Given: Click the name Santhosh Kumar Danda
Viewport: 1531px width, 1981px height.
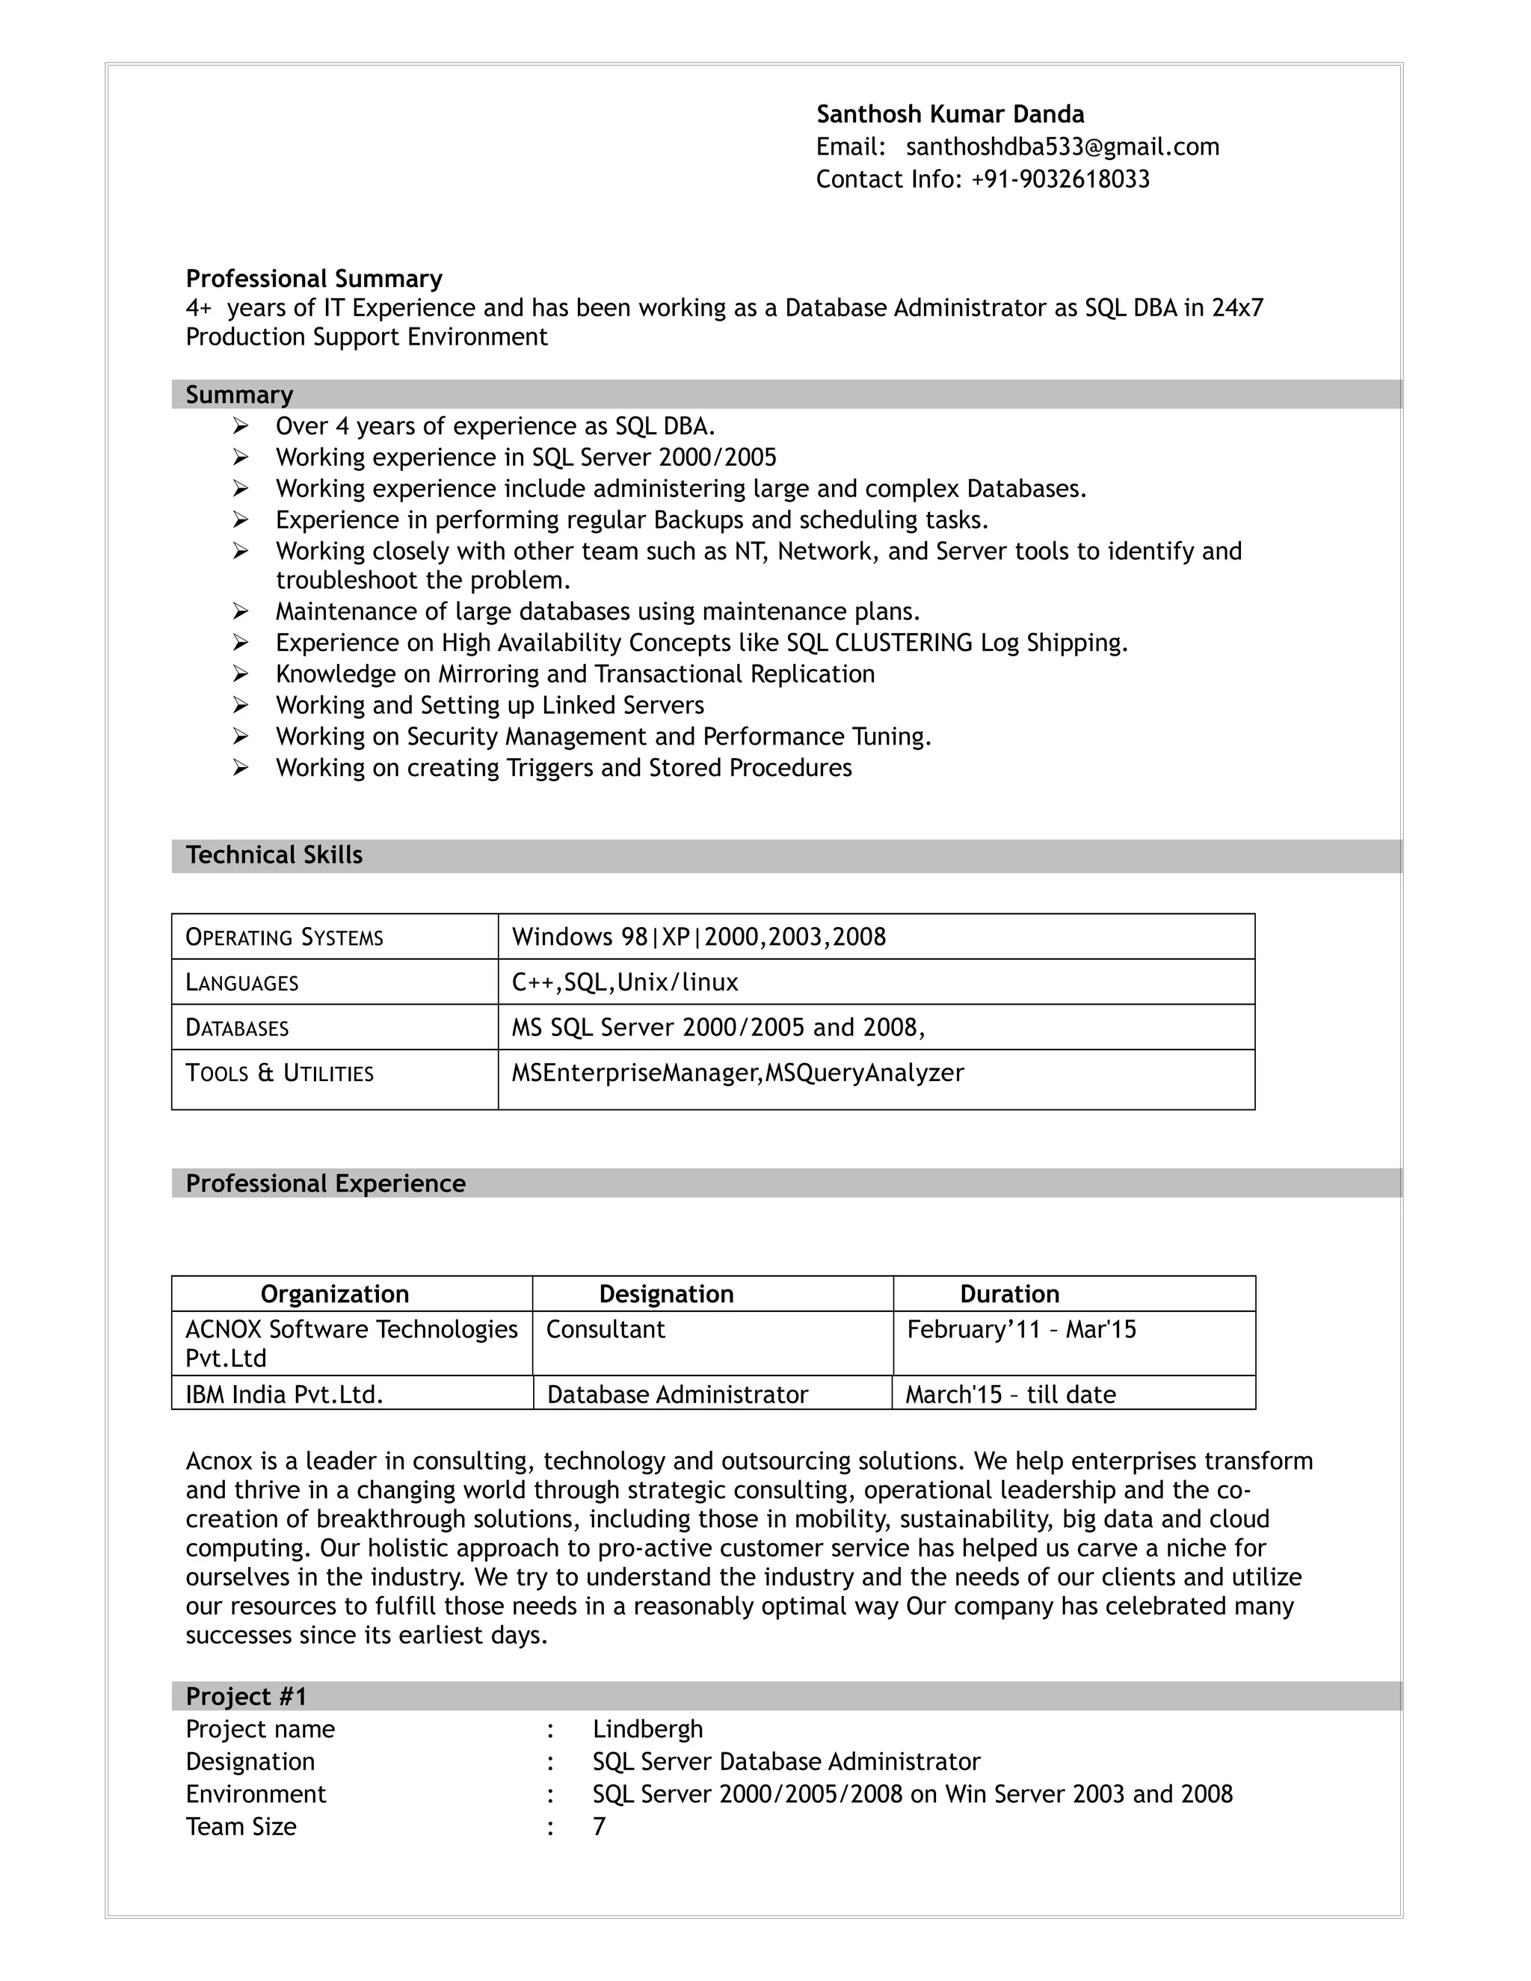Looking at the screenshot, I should [x=949, y=114].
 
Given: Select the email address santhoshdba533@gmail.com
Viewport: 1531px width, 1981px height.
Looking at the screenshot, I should [x=1062, y=147].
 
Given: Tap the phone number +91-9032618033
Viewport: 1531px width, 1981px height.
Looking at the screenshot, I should [x=1059, y=179].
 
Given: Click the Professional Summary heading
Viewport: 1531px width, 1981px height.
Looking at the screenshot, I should [x=314, y=279].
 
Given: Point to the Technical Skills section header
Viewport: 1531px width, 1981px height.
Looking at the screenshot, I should [x=274, y=855].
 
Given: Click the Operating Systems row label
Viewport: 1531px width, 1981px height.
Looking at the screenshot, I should [x=284, y=937].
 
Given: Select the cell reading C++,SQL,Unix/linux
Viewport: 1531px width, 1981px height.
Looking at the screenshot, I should [x=625, y=982].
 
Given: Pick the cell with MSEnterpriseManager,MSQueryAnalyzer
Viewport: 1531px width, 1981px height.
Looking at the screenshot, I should [x=737, y=1073].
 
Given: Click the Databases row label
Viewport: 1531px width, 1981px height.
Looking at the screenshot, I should [x=237, y=1028].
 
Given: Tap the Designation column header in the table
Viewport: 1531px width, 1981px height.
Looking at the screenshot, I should [x=666, y=1293].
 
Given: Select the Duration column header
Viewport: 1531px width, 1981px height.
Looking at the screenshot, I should [x=1009, y=1293].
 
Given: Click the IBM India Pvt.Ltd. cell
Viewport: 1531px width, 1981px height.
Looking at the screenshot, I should [x=285, y=1394].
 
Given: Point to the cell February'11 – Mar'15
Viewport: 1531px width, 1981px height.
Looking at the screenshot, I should [x=1021, y=1330].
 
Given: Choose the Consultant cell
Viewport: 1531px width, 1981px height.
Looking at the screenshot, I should [x=605, y=1330].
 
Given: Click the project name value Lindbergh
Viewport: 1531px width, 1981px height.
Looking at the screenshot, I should [x=647, y=1729].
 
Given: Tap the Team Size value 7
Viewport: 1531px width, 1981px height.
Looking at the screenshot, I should [x=599, y=1827].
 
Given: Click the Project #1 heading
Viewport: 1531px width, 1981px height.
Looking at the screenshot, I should [x=246, y=1696].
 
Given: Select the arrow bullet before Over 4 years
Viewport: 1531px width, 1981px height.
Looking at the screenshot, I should [x=241, y=425].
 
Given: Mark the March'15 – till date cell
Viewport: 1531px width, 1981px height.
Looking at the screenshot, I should [x=1011, y=1394].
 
